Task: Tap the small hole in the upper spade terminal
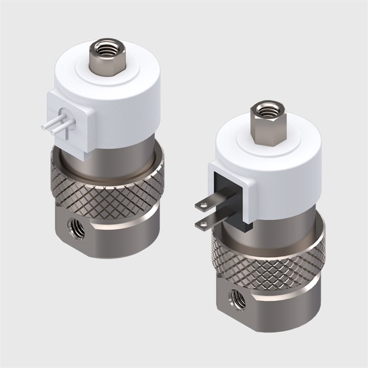click(x=204, y=205)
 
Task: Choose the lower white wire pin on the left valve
click(x=57, y=129)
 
